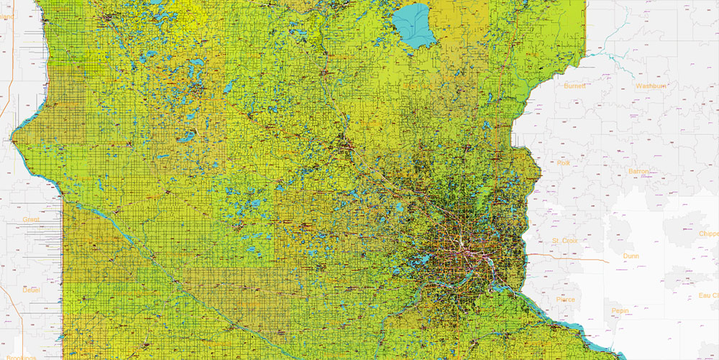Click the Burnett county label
click(574, 86)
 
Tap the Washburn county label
click(651, 86)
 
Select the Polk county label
click(563, 163)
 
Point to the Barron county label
click(638, 172)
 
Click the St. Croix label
click(565, 240)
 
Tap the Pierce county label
click(565, 300)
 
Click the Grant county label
click(31, 218)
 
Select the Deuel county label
click(31, 290)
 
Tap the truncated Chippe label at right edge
click(708, 234)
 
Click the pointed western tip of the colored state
click(14, 134)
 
